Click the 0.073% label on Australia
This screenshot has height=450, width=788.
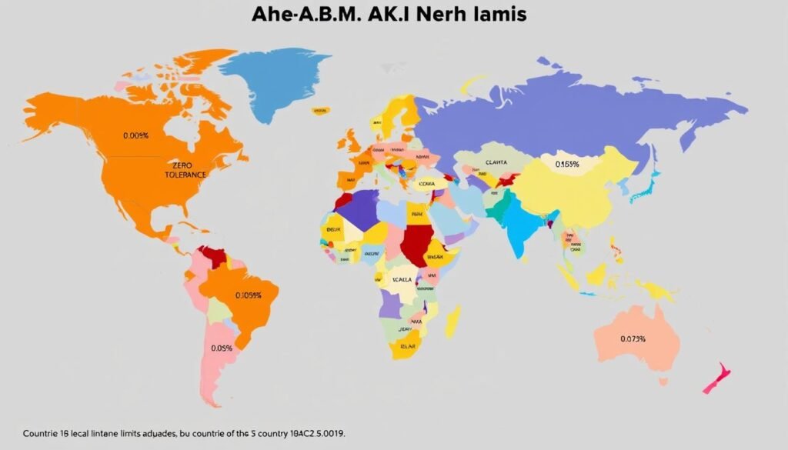(633, 338)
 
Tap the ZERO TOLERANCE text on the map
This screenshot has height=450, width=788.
(185, 169)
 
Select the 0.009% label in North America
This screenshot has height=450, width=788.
(135, 135)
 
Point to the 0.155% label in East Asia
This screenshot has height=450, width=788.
(567, 164)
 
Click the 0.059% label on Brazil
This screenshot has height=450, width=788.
(249, 295)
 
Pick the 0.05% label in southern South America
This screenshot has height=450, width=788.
(222, 348)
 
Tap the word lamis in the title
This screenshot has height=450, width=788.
(499, 14)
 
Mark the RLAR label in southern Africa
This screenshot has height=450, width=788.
(406, 346)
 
